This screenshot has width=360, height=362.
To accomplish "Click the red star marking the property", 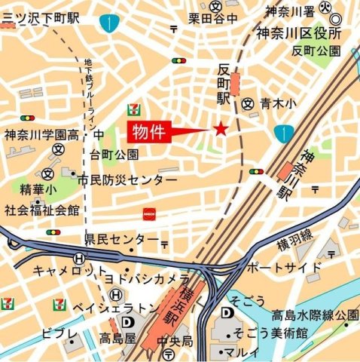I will pos(221,129).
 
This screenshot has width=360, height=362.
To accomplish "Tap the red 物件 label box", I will pos(148,132).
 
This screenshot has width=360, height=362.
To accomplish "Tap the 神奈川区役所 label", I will pos(298,32).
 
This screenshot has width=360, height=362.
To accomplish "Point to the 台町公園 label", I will pos(114,155).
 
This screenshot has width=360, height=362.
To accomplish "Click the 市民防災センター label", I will pos(127,181).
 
